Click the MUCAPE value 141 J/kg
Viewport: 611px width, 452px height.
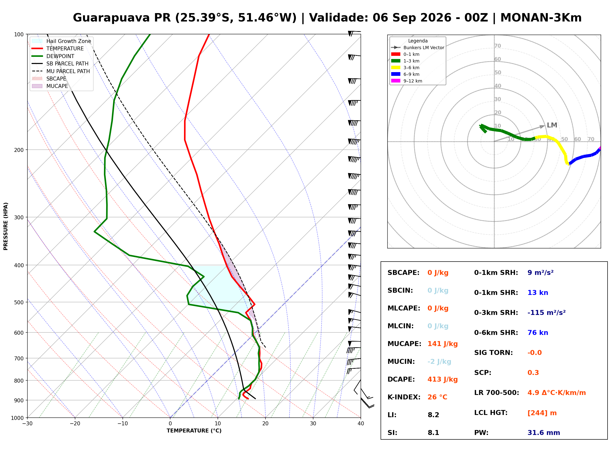coord(443,344)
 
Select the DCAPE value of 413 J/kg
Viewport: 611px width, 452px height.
coord(443,379)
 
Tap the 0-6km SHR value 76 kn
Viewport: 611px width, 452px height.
coord(538,333)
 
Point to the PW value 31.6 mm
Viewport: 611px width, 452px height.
coord(544,433)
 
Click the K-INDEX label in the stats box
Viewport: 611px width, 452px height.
coord(404,397)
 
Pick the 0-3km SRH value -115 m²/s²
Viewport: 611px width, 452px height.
coord(547,312)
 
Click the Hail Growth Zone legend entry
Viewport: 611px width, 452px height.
coord(61,41)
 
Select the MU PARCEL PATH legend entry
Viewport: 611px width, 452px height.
coord(61,71)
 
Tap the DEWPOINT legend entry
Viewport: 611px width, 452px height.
coord(53,56)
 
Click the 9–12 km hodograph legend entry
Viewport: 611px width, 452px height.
coord(407,81)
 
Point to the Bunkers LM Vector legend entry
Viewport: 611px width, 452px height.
coord(418,48)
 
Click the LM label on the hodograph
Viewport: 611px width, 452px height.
coord(552,125)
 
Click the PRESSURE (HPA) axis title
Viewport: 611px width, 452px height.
coord(6,226)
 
